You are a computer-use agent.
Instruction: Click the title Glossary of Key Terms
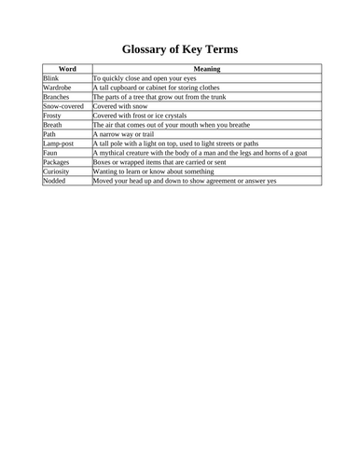[x=180, y=48]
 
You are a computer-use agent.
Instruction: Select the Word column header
[x=67, y=69]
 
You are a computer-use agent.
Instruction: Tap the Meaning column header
[x=206, y=69]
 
